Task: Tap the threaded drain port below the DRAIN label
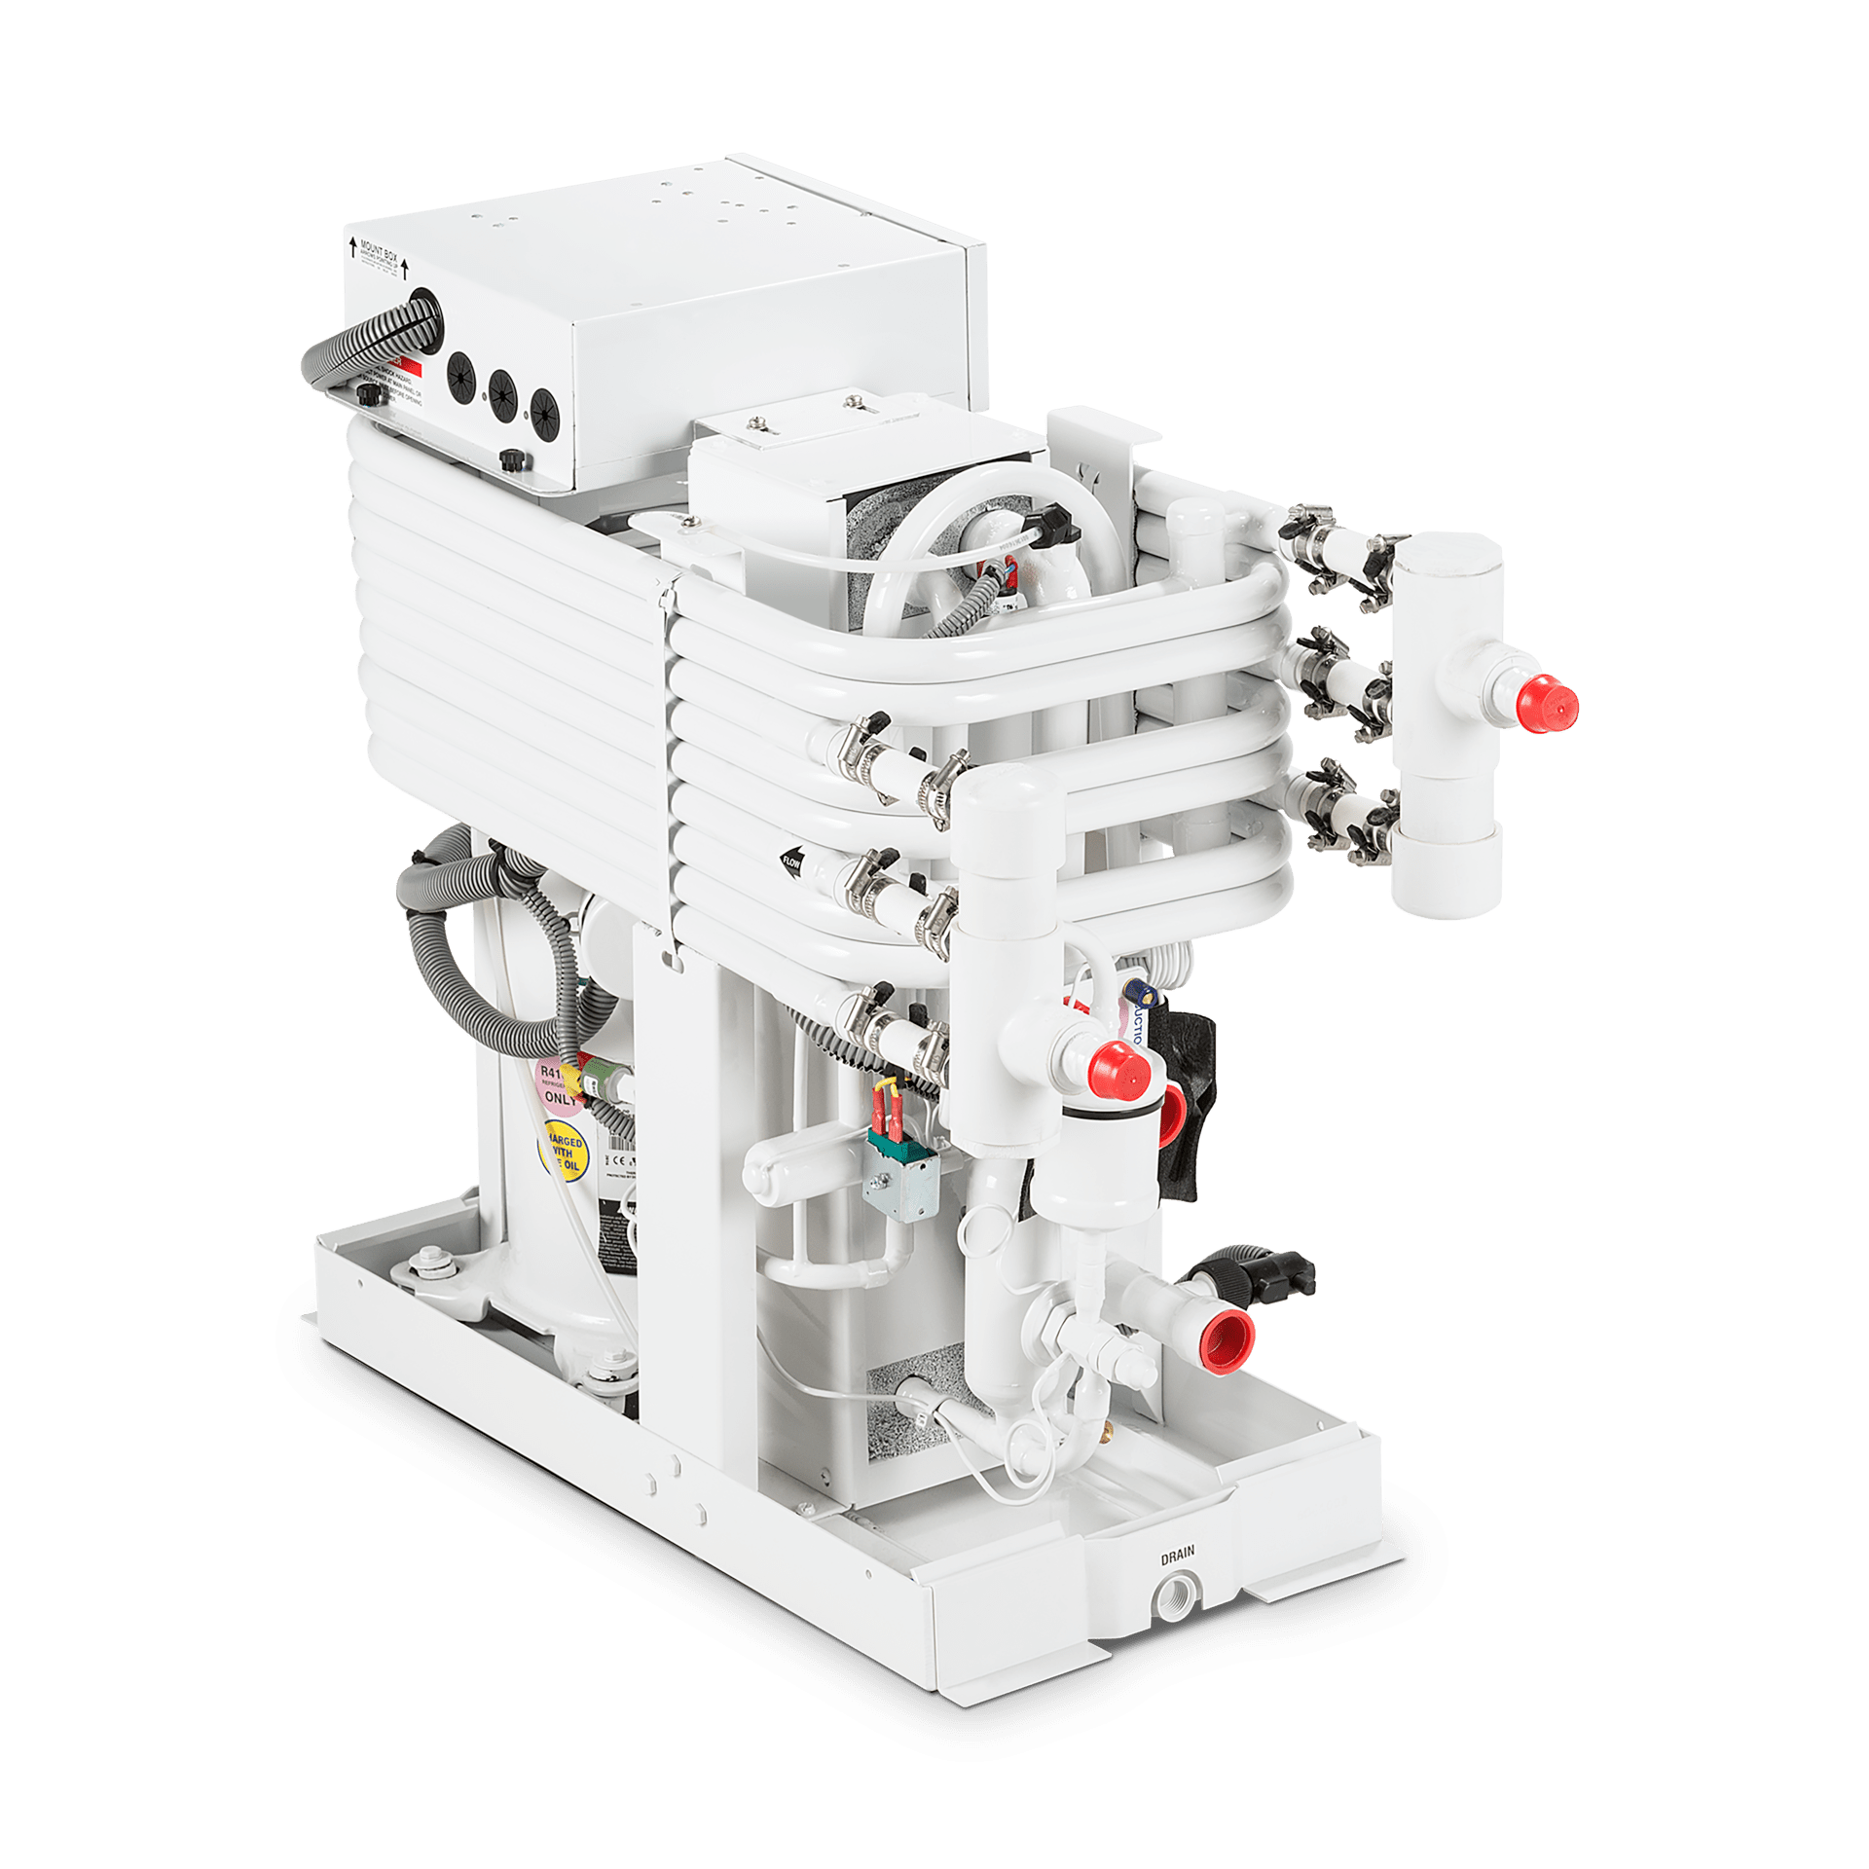pyautogui.click(x=1175, y=1596)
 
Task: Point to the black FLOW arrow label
pyautogui.click(x=791, y=861)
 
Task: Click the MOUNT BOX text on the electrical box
pyautogui.click(x=379, y=252)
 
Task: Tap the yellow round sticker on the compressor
pyautogui.click(x=564, y=1151)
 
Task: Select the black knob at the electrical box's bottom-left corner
pyautogui.click(x=368, y=394)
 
